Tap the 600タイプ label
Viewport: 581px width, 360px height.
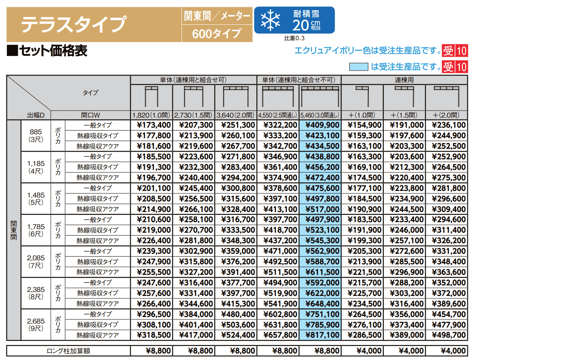tap(217, 33)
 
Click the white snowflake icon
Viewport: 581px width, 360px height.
tap(270, 20)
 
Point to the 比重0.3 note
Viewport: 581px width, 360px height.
tap(294, 38)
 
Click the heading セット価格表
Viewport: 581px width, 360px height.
tap(47, 51)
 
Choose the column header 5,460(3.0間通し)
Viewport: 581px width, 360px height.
tap(320, 115)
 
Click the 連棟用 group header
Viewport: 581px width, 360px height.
tap(404, 80)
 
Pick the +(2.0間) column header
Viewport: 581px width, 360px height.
tap(446, 115)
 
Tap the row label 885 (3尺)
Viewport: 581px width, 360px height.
tap(36, 135)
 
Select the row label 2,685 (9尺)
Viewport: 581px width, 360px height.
tap(36, 324)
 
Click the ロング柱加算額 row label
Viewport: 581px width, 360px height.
tap(68, 351)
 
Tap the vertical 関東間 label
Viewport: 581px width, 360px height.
tap(14, 230)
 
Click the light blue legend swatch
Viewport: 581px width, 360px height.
tap(359, 67)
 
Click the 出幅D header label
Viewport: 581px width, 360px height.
tap(36, 115)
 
